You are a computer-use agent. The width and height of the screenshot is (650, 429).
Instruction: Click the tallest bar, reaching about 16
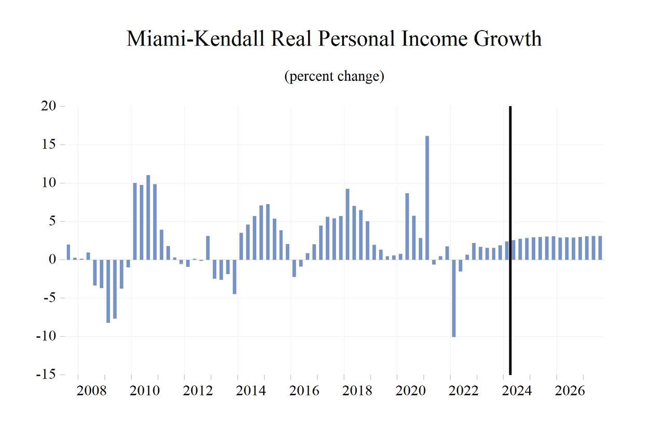coord(427,197)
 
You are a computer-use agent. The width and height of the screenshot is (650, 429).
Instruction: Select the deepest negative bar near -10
coord(453,298)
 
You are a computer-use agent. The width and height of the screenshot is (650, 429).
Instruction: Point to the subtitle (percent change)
coord(334,77)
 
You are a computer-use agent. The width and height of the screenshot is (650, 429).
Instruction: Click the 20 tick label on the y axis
coord(49,106)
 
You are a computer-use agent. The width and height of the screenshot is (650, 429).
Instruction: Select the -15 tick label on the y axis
coord(46,375)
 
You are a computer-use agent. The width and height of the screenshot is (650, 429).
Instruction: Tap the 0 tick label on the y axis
coord(52,260)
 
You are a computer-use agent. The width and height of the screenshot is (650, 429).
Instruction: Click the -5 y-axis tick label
coord(49,298)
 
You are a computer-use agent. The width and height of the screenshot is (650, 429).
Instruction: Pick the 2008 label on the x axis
coord(91,391)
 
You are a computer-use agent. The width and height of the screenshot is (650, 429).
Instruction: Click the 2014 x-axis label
coord(251,391)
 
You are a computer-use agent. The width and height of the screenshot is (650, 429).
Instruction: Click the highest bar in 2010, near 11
coord(148,217)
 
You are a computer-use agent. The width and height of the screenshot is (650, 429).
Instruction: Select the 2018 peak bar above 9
coord(347,224)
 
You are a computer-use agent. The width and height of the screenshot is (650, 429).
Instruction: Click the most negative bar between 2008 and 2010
coord(108,291)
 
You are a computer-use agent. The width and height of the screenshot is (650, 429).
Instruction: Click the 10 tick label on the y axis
coord(49,183)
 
